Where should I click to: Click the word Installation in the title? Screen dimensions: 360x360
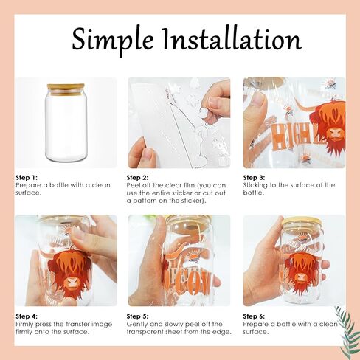click(x=232, y=39)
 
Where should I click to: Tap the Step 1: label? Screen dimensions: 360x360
click(x=27, y=178)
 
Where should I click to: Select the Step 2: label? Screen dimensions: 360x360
click(x=137, y=178)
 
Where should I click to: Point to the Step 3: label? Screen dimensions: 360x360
click(x=254, y=178)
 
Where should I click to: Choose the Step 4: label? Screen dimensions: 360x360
click(x=27, y=316)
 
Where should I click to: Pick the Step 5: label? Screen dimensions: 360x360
click(x=137, y=316)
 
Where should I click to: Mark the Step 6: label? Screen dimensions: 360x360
click(x=254, y=316)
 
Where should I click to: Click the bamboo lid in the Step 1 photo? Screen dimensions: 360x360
click(x=66, y=89)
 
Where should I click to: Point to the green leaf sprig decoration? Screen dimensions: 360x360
click(x=346, y=330)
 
